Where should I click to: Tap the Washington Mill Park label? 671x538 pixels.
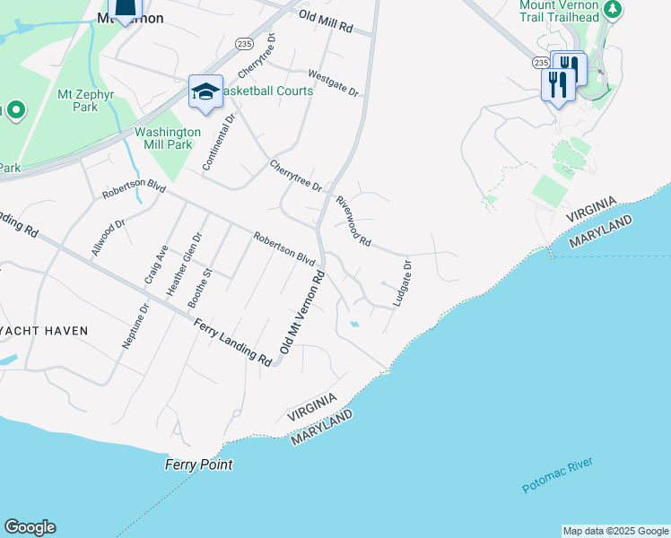point(168,138)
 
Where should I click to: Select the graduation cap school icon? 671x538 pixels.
point(205,91)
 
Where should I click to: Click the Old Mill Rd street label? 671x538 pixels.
point(335,22)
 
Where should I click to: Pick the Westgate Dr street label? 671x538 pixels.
point(333,83)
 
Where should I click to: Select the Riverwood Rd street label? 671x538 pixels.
point(353,221)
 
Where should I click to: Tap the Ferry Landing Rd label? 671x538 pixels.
point(232,342)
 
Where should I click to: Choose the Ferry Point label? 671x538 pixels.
point(199,464)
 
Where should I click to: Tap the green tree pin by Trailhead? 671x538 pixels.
point(613,10)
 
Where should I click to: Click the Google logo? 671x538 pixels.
point(30,527)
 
